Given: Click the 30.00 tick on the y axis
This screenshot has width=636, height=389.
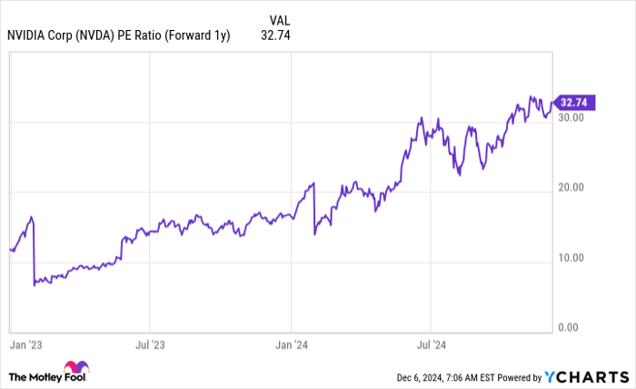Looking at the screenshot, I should tap(571, 118).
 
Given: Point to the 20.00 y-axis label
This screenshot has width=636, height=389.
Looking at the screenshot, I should tap(571, 188).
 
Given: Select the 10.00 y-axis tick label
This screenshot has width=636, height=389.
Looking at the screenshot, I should tap(571, 258).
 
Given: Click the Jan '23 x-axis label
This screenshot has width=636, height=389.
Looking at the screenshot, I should tap(24, 345).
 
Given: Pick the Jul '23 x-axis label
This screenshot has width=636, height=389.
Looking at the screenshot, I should tap(151, 345).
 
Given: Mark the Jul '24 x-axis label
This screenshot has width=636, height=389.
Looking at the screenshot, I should tap(431, 345).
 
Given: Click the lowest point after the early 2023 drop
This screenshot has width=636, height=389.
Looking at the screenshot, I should tap(35, 285).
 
